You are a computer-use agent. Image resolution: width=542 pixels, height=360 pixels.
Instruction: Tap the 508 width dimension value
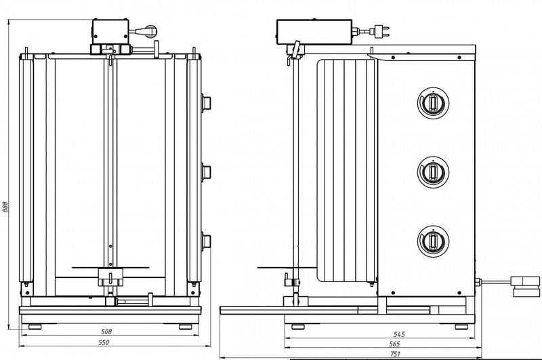[x=106, y=332]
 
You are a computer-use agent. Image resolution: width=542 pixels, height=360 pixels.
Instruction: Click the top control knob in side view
[x=430, y=102]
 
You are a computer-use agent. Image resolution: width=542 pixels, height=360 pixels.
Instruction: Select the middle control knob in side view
[x=430, y=171]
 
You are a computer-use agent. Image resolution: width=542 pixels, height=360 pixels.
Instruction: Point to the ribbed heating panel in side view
[x=346, y=169]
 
